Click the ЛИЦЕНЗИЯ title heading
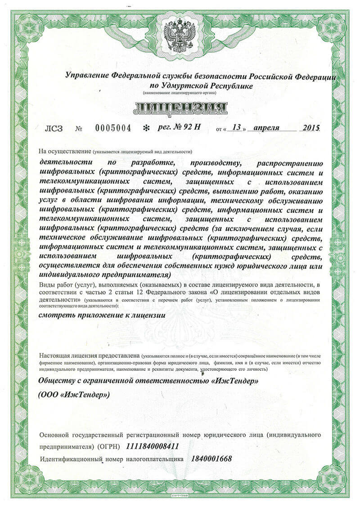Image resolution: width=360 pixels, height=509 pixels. click(180, 108)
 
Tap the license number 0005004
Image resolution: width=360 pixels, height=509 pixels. click(113, 128)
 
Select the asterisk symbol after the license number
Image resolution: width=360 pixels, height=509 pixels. click(145, 128)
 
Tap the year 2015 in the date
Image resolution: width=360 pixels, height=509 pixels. click(310, 127)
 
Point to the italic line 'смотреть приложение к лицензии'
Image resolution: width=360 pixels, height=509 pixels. click(102, 315)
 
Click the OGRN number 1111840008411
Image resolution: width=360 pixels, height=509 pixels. click(153, 446)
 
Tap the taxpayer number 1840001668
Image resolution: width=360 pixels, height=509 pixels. click(211, 459)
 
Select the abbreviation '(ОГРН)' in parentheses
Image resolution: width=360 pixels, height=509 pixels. click(109, 447)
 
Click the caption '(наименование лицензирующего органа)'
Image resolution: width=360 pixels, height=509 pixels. click(180, 93)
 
